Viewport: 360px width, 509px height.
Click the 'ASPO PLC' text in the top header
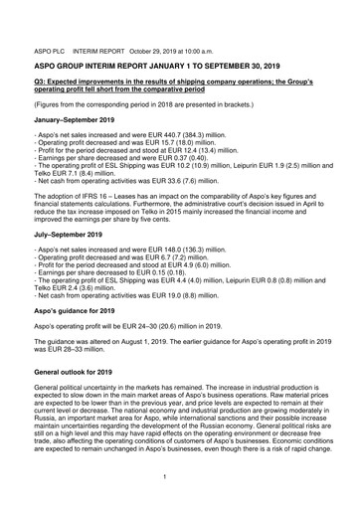(50, 47)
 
